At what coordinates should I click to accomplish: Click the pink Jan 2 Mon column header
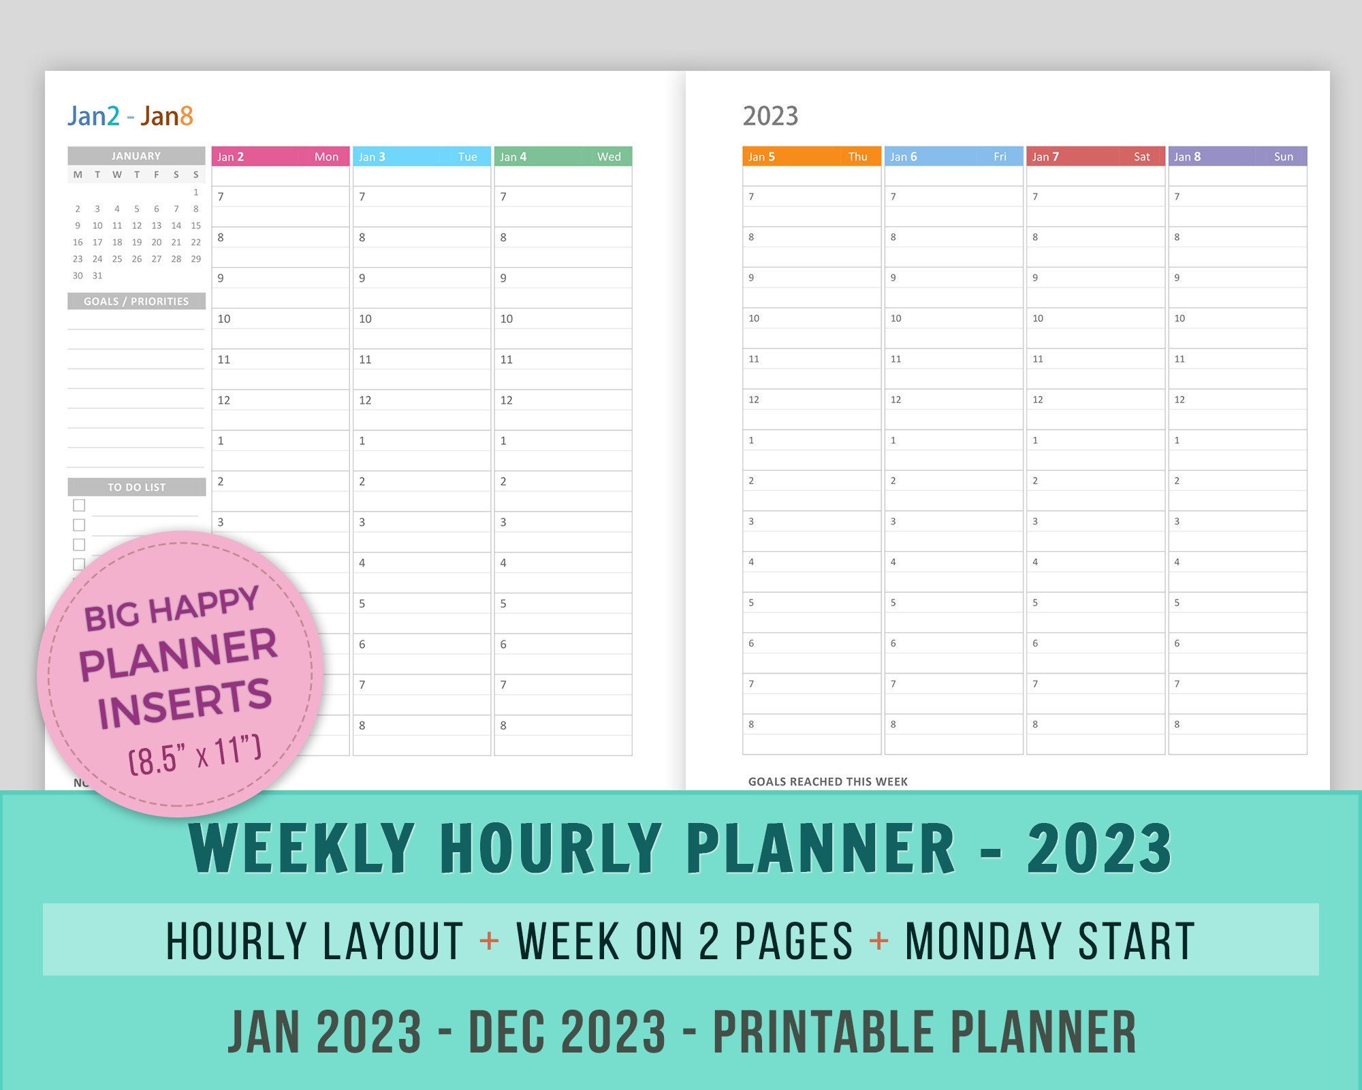(x=280, y=157)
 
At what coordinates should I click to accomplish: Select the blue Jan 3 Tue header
(x=421, y=157)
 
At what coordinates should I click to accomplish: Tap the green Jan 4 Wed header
(x=563, y=157)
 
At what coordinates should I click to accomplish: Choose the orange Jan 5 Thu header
(x=811, y=157)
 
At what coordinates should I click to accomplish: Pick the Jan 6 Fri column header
(x=953, y=157)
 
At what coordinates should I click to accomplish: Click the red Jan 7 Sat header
(x=1094, y=157)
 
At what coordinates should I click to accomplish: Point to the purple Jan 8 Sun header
(x=1237, y=157)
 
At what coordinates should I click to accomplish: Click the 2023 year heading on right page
(x=770, y=116)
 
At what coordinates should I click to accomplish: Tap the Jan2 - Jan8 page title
(x=130, y=116)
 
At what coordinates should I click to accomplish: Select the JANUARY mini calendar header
(x=136, y=156)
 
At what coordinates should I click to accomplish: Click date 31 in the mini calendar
(x=97, y=276)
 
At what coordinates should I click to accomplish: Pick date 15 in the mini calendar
(x=196, y=225)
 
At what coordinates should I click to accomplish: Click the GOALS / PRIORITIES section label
(x=136, y=301)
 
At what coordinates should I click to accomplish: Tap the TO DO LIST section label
(x=136, y=487)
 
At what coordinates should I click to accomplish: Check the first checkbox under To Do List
(x=79, y=505)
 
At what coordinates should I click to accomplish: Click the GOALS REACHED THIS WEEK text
(x=827, y=781)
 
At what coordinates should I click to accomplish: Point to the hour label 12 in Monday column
(x=224, y=401)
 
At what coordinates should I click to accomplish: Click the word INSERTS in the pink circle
(x=185, y=704)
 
